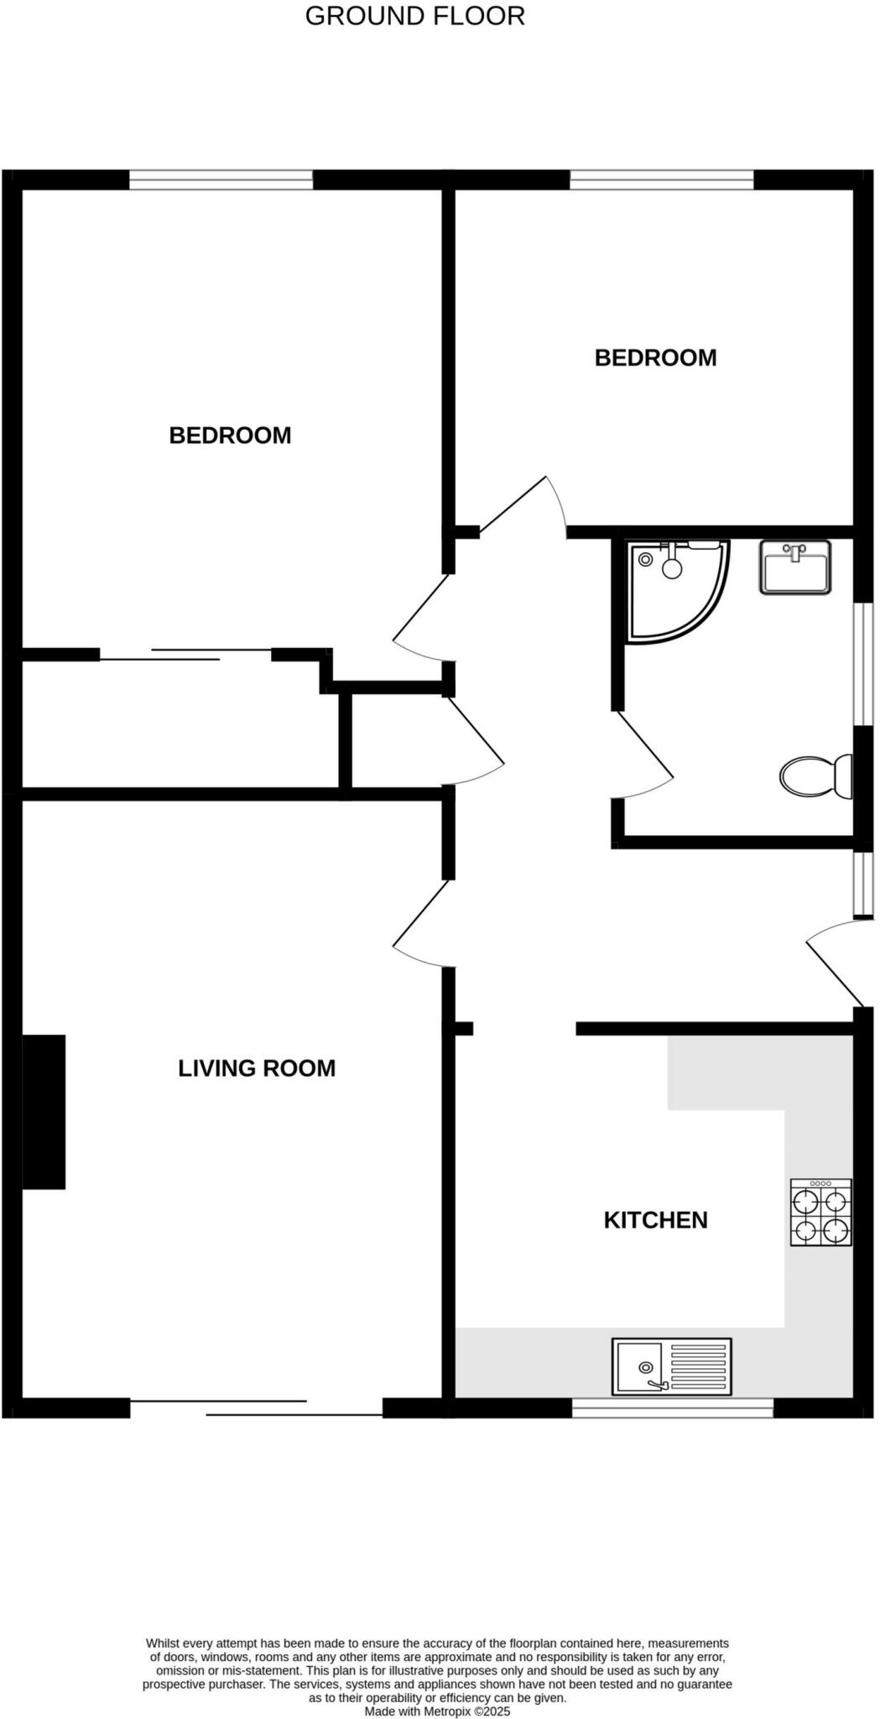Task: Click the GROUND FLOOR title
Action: click(x=414, y=16)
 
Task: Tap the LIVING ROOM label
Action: click(x=257, y=1068)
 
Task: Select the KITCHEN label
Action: click(x=655, y=1220)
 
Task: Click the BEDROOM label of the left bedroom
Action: click(x=230, y=435)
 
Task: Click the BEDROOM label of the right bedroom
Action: click(x=655, y=358)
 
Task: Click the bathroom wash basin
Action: click(x=795, y=568)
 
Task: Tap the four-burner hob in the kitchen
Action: click(x=820, y=1212)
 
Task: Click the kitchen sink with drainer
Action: click(x=671, y=1366)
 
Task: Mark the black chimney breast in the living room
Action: click(x=44, y=1111)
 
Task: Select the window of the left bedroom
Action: click(x=221, y=179)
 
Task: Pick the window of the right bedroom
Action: click(x=662, y=179)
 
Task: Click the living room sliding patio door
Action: click(x=256, y=1408)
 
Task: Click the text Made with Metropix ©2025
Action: click(x=437, y=1711)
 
